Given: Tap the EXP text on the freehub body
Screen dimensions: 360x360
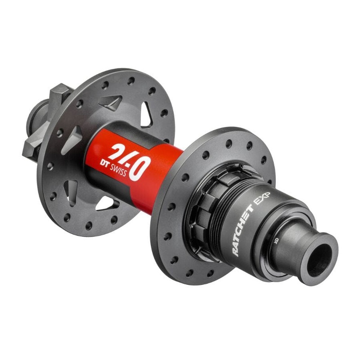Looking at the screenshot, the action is tap(263, 198).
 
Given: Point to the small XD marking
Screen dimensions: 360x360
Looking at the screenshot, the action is tap(276, 241).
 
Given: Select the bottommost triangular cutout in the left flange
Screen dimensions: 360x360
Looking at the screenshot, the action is tap(106, 204).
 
